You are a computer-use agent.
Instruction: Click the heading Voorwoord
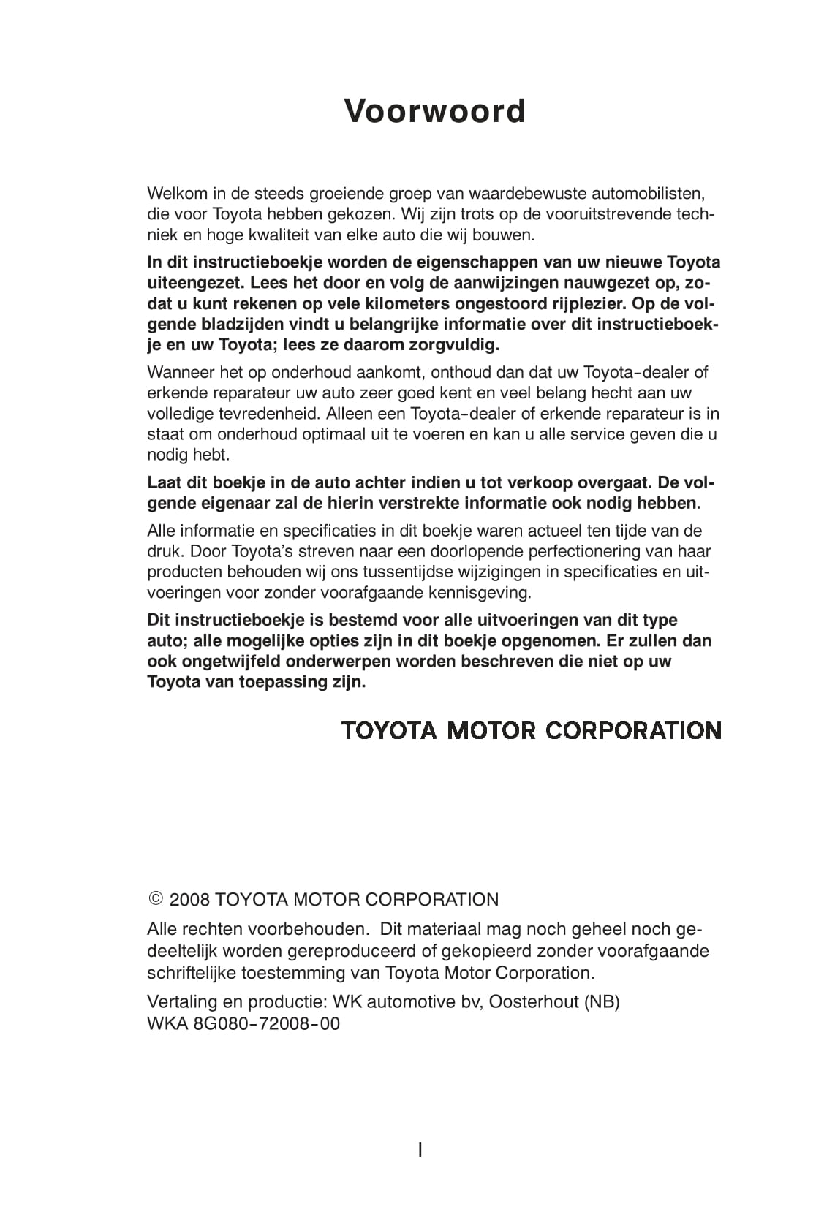tap(435, 112)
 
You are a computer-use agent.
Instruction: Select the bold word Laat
tap(163, 483)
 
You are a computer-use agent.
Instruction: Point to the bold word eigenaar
tap(229, 504)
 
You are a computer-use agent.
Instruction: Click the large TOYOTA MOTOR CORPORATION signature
tap(532, 730)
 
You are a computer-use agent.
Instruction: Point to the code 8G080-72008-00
tap(267, 1023)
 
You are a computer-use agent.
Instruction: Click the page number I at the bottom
tap(420, 1150)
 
